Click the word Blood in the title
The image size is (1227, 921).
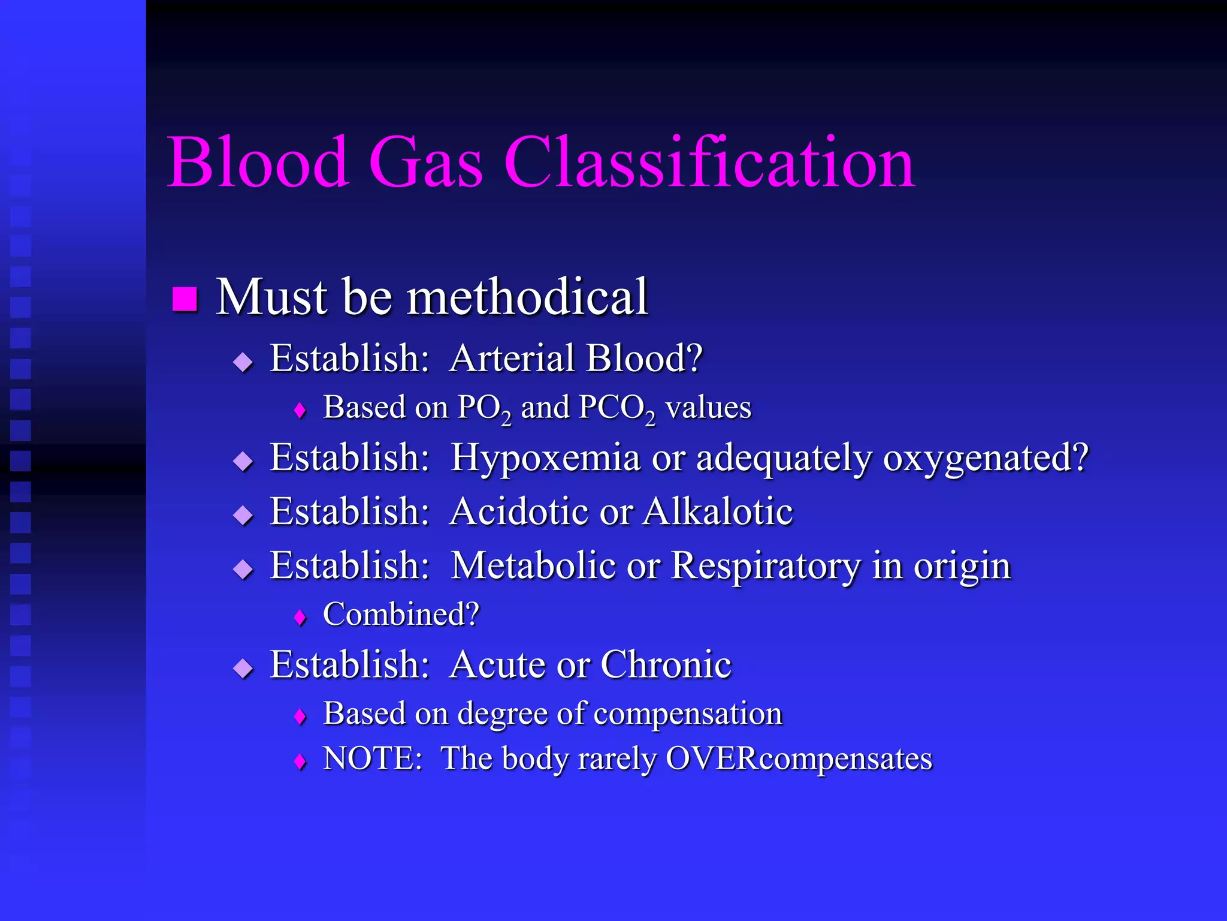click(x=258, y=162)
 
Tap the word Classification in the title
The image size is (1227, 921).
click(x=709, y=162)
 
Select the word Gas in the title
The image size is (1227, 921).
click(x=425, y=162)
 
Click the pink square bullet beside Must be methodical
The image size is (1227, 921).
click(x=185, y=299)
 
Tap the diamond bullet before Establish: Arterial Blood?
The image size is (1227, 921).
click(x=243, y=362)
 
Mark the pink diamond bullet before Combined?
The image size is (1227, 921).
click(x=300, y=617)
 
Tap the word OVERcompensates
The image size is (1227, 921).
click(x=799, y=759)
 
